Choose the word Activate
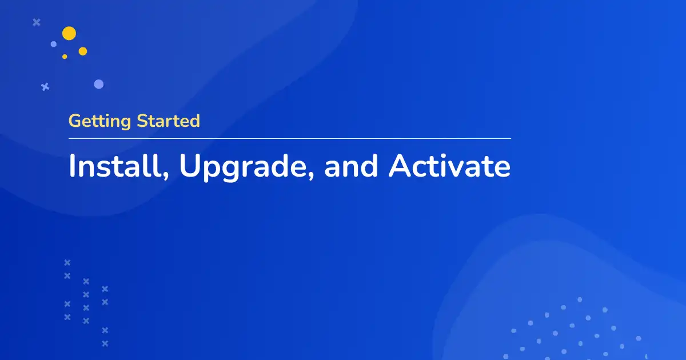(450, 166)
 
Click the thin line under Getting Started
(289, 138)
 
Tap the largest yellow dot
(69, 33)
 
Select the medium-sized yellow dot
(83, 51)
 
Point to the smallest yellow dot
(65, 57)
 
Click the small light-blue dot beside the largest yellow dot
(54, 44)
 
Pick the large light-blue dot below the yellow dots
(99, 84)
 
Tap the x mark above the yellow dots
(37, 22)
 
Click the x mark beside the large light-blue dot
(45, 87)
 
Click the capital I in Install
(72, 166)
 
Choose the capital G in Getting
(75, 121)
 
